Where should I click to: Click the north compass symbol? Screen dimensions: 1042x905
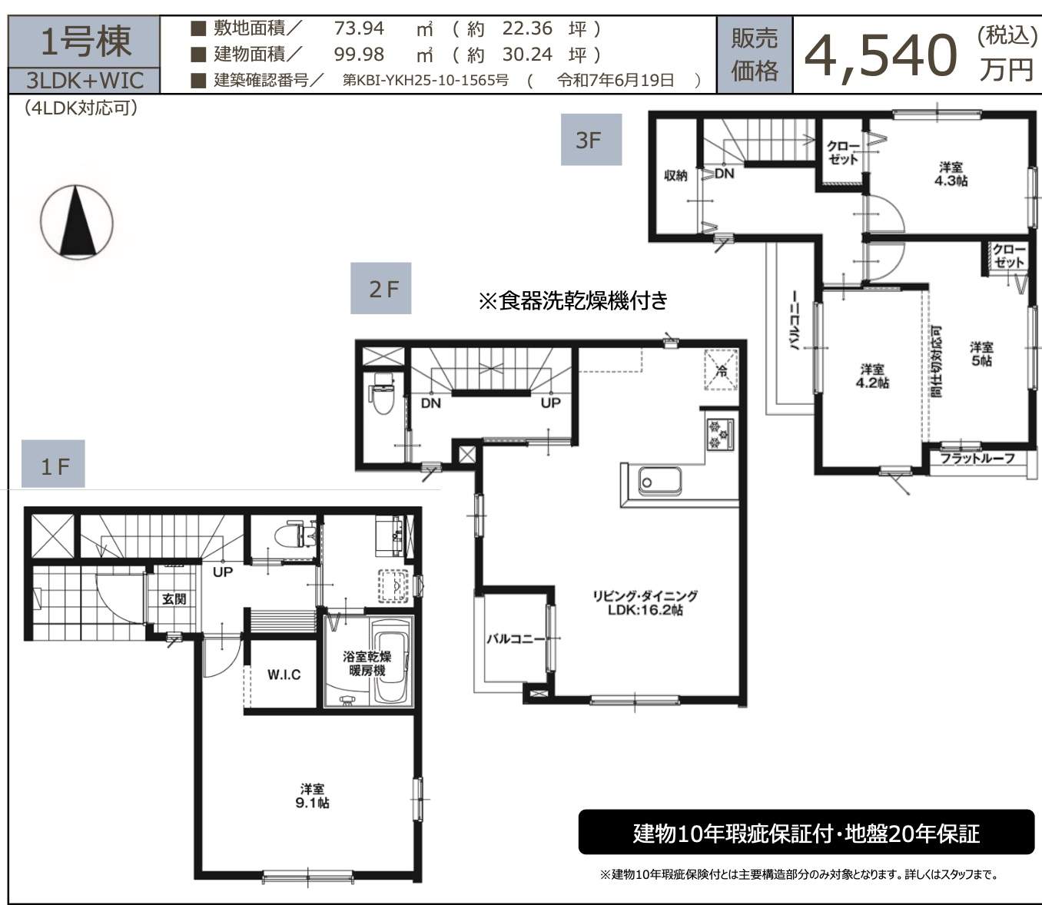pos(76,222)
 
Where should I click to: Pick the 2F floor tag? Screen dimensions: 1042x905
pos(381,288)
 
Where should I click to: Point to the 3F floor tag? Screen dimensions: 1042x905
pos(591,140)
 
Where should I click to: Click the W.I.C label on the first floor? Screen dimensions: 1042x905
pos(284,675)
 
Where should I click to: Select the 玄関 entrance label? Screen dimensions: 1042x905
pos(174,598)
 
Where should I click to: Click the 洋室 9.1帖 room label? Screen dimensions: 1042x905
pos(312,795)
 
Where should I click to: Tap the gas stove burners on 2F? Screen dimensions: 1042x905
pos(719,434)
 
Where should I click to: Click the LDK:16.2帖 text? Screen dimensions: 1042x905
pos(645,609)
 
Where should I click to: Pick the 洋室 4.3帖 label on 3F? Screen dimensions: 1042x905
pos(951,174)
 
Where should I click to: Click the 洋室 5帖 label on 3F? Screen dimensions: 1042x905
pos(981,353)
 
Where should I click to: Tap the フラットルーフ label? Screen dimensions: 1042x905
pos(977,458)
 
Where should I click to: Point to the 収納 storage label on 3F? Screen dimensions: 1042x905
pos(675,176)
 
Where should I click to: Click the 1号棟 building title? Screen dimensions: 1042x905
pos(85,41)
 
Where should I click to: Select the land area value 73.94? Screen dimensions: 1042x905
pos(359,28)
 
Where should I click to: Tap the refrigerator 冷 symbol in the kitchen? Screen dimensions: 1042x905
pos(721,370)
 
